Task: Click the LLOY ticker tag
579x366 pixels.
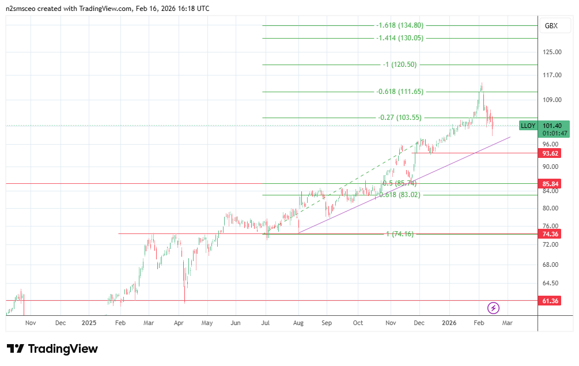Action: (x=528, y=126)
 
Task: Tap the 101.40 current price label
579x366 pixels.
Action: (x=552, y=126)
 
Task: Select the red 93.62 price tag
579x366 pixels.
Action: (x=551, y=153)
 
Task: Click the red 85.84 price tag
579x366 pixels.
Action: (x=551, y=184)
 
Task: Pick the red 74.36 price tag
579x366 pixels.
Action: (x=551, y=234)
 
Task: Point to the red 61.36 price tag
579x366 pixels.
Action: (x=551, y=301)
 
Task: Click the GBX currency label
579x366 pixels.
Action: (x=551, y=26)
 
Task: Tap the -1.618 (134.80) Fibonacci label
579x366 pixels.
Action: (x=399, y=25)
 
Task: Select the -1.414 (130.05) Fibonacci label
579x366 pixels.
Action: (x=399, y=38)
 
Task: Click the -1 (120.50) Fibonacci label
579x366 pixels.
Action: (x=399, y=65)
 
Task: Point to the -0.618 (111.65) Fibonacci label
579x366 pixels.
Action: (x=399, y=92)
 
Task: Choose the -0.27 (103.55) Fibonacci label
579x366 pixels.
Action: (x=400, y=118)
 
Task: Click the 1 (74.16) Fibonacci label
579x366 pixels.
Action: (x=400, y=234)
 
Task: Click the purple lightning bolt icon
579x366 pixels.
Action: (x=493, y=308)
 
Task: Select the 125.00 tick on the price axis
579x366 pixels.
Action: (x=552, y=52)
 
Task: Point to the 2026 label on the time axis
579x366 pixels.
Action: (x=448, y=323)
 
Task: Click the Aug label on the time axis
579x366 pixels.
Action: (x=298, y=323)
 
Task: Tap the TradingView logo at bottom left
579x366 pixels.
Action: (x=52, y=349)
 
